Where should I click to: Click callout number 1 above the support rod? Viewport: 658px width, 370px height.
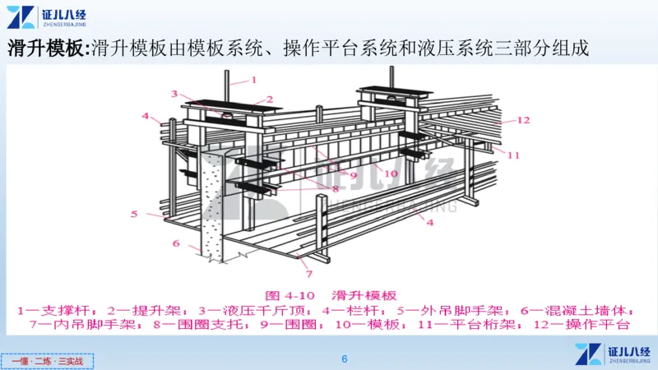pos(253,80)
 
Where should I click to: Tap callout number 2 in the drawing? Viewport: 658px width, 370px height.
pos(268,99)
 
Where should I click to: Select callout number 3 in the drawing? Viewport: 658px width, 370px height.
pos(174,93)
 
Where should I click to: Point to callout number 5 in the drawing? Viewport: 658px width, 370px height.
pos(133,214)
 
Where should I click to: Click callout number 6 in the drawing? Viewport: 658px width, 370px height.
pos(175,243)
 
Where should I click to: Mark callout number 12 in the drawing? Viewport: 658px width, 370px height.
pos(523,120)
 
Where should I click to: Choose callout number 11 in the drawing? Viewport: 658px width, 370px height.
pos(513,155)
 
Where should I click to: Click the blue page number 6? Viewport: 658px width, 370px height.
pos(345,359)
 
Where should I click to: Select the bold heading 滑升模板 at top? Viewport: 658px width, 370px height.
pos(48,47)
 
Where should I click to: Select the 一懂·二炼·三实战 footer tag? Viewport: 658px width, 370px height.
pos(48,360)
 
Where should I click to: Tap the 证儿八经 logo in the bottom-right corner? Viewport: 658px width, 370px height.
pos(612,353)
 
